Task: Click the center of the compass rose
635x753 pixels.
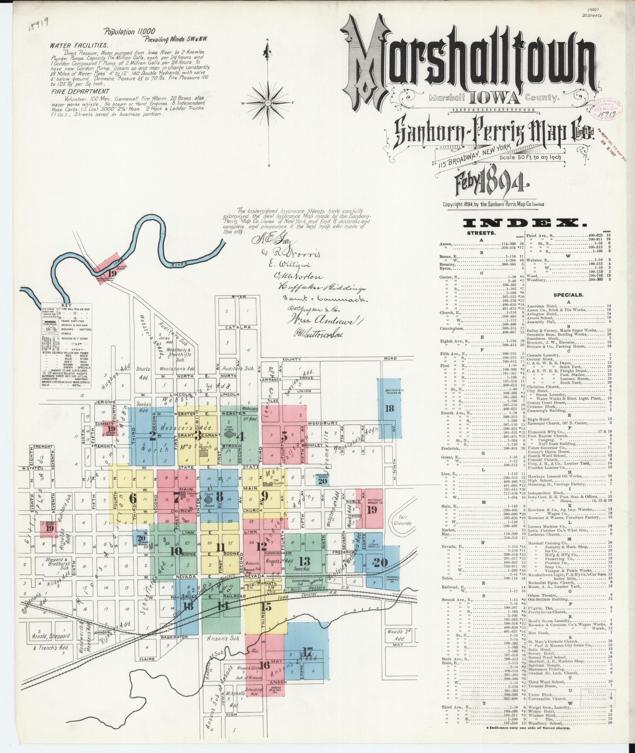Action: [x=268, y=104]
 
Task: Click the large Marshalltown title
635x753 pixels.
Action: [x=468, y=63]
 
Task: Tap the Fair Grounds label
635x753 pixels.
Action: [x=402, y=521]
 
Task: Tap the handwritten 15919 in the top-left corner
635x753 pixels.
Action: [x=38, y=24]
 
